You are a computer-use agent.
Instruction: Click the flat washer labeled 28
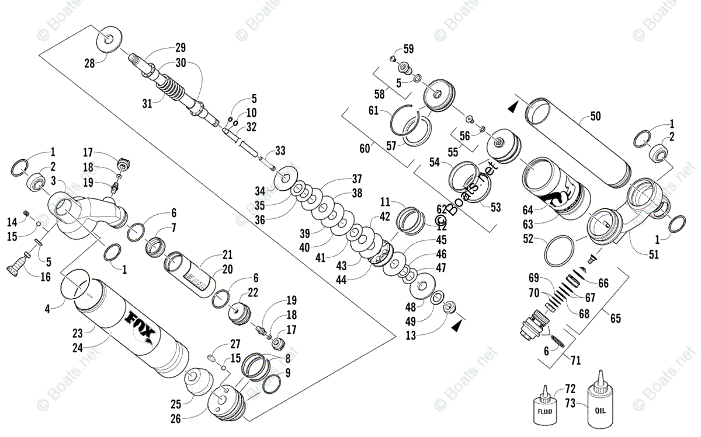[109, 40]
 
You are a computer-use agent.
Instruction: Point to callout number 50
[595, 116]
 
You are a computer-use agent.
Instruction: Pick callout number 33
[280, 151]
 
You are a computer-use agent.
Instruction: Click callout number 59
[408, 48]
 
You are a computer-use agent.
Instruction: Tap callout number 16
[44, 277]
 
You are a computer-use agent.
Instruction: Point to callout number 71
[575, 360]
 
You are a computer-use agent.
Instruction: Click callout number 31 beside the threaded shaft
[147, 104]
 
